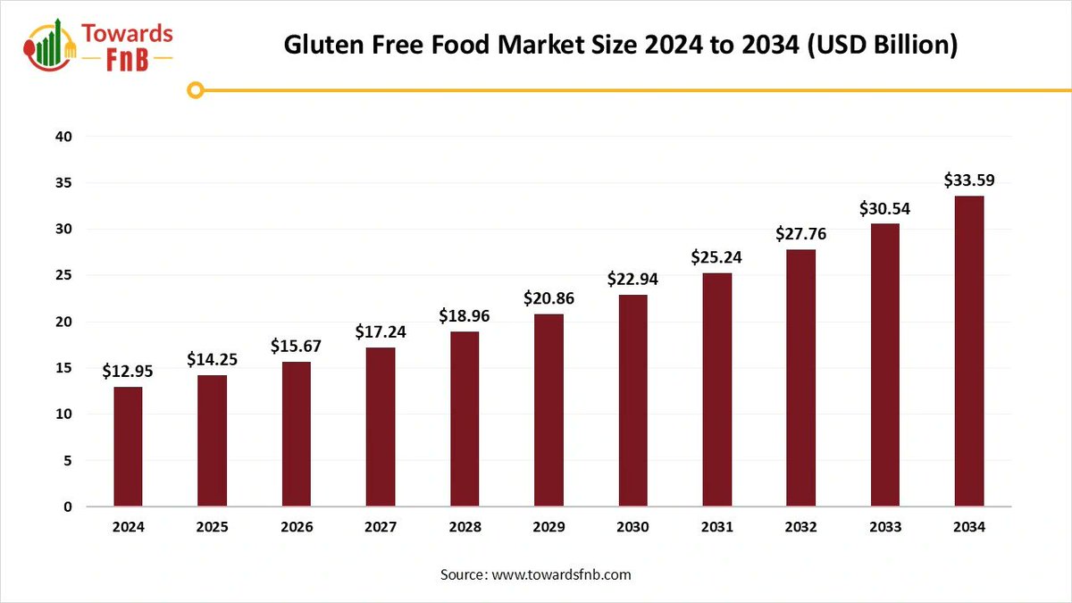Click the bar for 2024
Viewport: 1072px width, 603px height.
pos(128,447)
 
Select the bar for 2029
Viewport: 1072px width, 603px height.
pos(549,411)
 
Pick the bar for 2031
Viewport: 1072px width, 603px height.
pos(716,389)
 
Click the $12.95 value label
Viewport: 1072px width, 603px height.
pos(128,371)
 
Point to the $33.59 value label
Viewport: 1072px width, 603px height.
pos(969,180)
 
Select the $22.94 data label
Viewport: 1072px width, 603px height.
pos(632,279)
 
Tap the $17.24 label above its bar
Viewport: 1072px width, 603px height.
pos(381,331)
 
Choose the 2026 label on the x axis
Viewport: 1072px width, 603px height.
pos(297,527)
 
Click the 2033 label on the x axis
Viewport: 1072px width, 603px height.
pos(885,527)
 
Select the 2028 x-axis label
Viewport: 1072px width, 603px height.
pos(465,527)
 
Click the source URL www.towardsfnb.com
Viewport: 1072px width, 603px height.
pos(561,574)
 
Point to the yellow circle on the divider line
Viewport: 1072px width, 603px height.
pos(197,89)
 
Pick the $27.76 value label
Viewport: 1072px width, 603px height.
pos(801,234)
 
